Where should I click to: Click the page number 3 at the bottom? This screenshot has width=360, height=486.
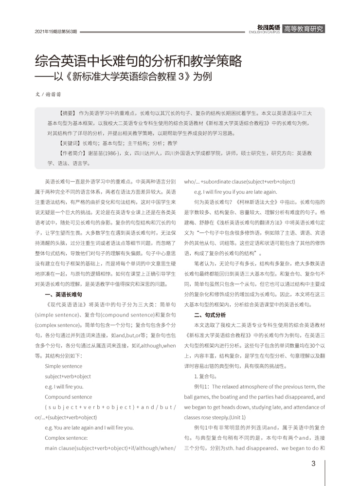(313, 463)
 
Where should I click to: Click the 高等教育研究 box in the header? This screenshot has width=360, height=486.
(303, 29)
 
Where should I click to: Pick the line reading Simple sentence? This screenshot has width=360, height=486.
(63, 365)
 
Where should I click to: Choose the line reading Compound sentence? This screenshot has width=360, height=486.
(69, 396)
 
